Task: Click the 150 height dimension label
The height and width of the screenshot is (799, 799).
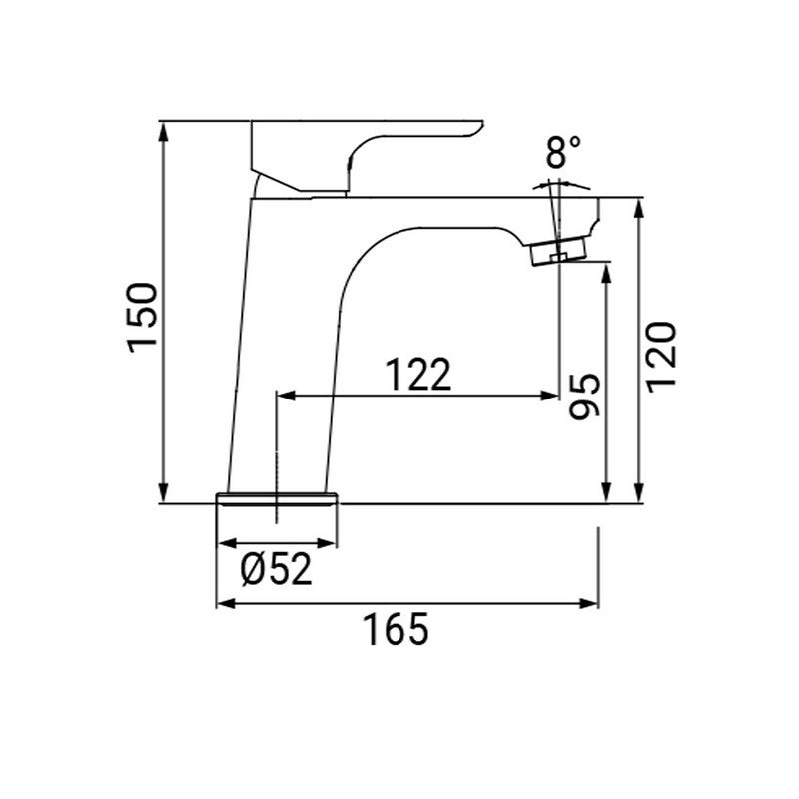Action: pyautogui.click(x=142, y=316)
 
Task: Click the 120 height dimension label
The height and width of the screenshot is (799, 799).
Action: pyautogui.click(x=662, y=357)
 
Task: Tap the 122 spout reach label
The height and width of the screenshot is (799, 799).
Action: pyautogui.click(x=418, y=374)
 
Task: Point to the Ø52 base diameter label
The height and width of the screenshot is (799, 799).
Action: pyautogui.click(x=277, y=570)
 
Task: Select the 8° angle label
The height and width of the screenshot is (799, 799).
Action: pyautogui.click(x=563, y=153)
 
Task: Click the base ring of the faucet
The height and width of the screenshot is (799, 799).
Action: pyautogui.click(x=277, y=498)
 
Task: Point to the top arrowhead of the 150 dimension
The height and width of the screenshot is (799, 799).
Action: pyautogui.click(x=162, y=130)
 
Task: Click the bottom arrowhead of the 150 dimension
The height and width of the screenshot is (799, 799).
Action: pyautogui.click(x=162, y=495)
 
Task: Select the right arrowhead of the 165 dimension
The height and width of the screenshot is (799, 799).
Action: pyautogui.click(x=591, y=603)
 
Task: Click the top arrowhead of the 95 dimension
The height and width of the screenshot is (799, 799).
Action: pyautogui.click(x=605, y=272)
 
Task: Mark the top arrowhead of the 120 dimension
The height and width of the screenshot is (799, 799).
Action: pyautogui.click(x=638, y=206)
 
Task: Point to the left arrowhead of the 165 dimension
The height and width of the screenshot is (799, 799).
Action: pyautogui.click(x=225, y=603)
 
